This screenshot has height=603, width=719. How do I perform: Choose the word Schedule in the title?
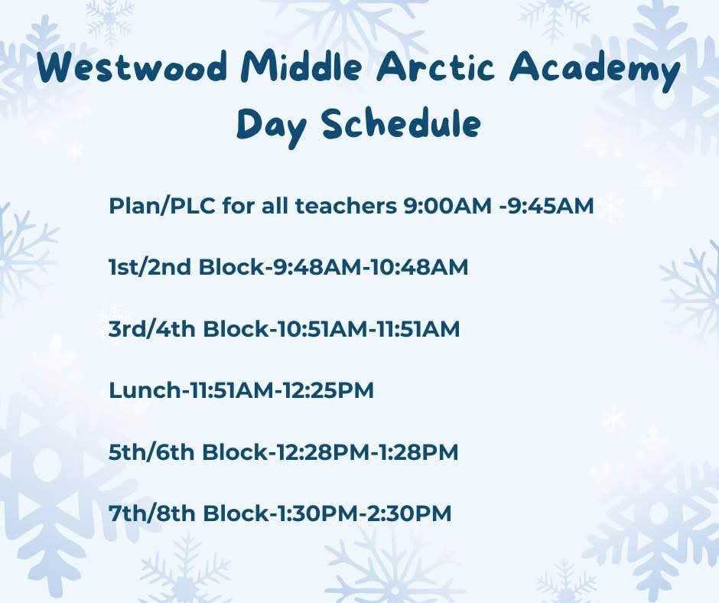pyautogui.click(x=402, y=125)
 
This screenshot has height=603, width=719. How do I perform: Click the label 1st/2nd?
pyautogui.click(x=151, y=268)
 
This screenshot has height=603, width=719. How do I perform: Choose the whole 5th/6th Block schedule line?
pyautogui.click(x=284, y=452)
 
